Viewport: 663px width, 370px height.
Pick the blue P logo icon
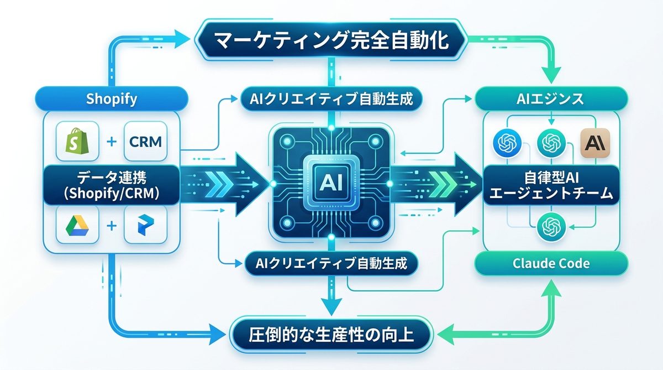pyautogui.click(x=145, y=226)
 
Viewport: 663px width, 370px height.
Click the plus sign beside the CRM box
pyautogui.click(x=110, y=142)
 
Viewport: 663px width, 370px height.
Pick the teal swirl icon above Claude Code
pyautogui.click(x=550, y=226)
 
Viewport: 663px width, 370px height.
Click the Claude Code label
pyautogui.click(x=551, y=263)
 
